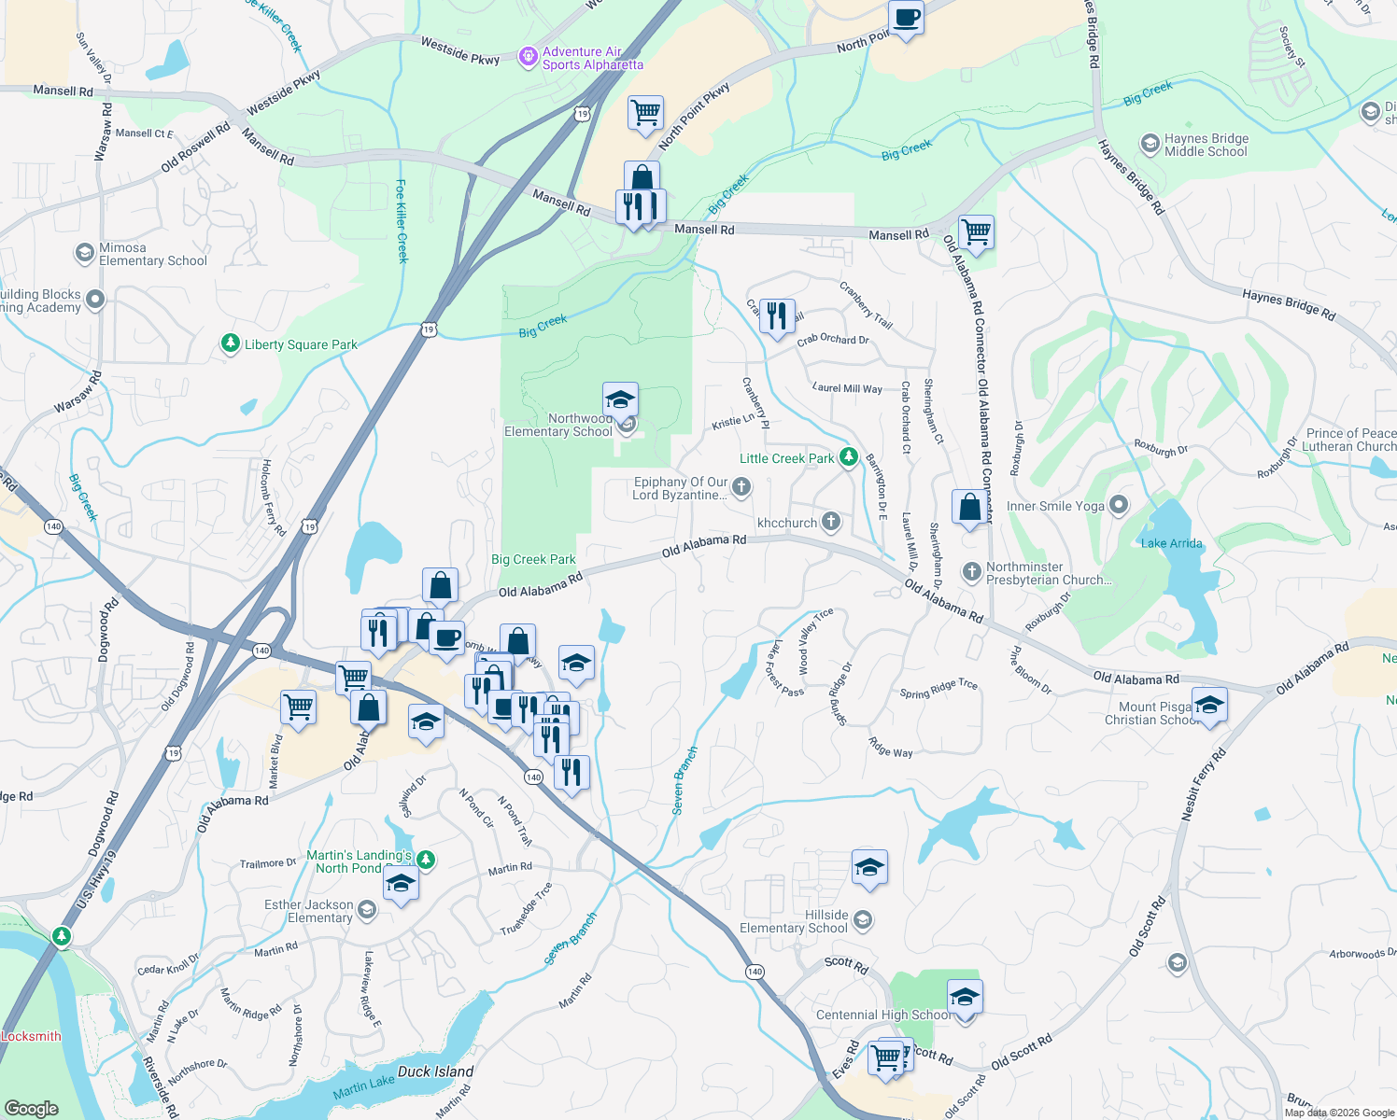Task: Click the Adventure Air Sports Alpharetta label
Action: (x=592, y=59)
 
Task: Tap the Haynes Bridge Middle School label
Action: (x=1206, y=145)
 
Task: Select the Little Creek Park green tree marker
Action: (x=849, y=457)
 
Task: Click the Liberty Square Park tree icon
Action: (x=231, y=344)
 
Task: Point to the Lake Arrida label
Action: (x=1171, y=543)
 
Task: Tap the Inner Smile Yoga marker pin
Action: (x=1118, y=506)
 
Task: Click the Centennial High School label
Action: (x=882, y=1015)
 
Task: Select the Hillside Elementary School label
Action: (x=794, y=921)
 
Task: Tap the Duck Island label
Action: (x=435, y=1071)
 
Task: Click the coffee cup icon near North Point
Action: (x=906, y=17)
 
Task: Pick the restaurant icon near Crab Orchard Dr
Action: (x=777, y=315)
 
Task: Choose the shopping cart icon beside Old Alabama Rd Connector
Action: (x=976, y=230)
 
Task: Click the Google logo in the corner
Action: (x=32, y=1108)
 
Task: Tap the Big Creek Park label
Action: (x=533, y=559)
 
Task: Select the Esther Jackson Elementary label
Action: (x=309, y=911)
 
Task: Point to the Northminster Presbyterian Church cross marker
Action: (x=971, y=571)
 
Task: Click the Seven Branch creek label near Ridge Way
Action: (x=684, y=780)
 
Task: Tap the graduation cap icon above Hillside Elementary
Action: (x=869, y=867)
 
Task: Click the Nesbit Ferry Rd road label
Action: (x=1204, y=785)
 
